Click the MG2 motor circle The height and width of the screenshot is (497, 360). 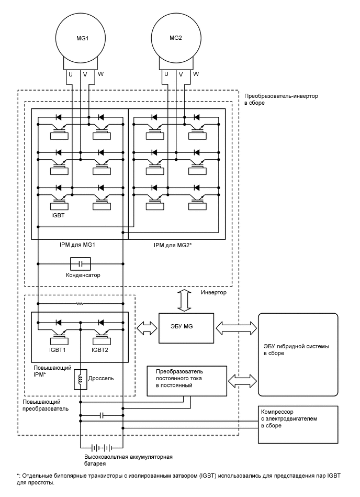point(176,38)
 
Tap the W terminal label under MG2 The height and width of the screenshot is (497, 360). point(196,74)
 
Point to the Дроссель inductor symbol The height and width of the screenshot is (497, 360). point(81,380)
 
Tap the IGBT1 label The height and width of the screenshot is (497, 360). point(58,350)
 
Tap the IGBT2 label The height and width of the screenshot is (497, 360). point(100,350)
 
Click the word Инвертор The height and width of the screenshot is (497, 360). point(213,292)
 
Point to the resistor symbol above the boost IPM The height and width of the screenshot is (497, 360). point(80,303)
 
